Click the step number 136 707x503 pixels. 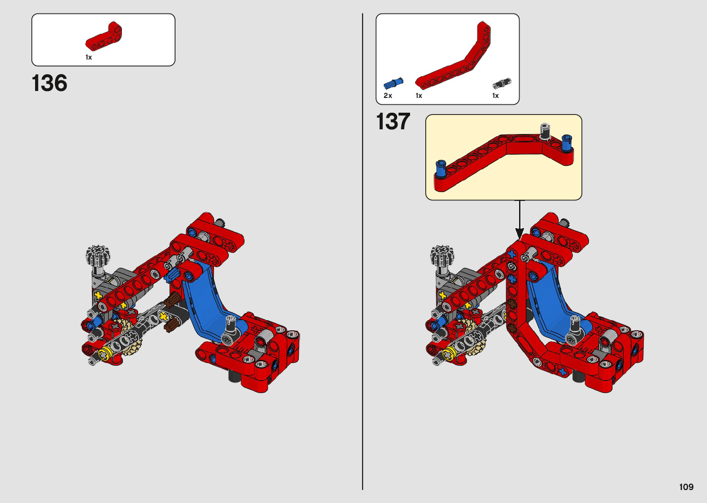click(x=49, y=83)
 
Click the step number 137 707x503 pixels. click(x=393, y=121)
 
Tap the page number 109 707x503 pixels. click(x=686, y=487)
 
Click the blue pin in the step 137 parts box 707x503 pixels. click(x=393, y=83)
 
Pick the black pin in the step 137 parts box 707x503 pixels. click(x=502, y=83)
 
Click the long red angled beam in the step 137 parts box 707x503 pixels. click(x=453, y=55)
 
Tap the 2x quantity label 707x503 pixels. click(x=387, y=95)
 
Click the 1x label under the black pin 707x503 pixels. click(x=496, y=95)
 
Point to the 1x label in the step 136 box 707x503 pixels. click(x=89, y=57)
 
